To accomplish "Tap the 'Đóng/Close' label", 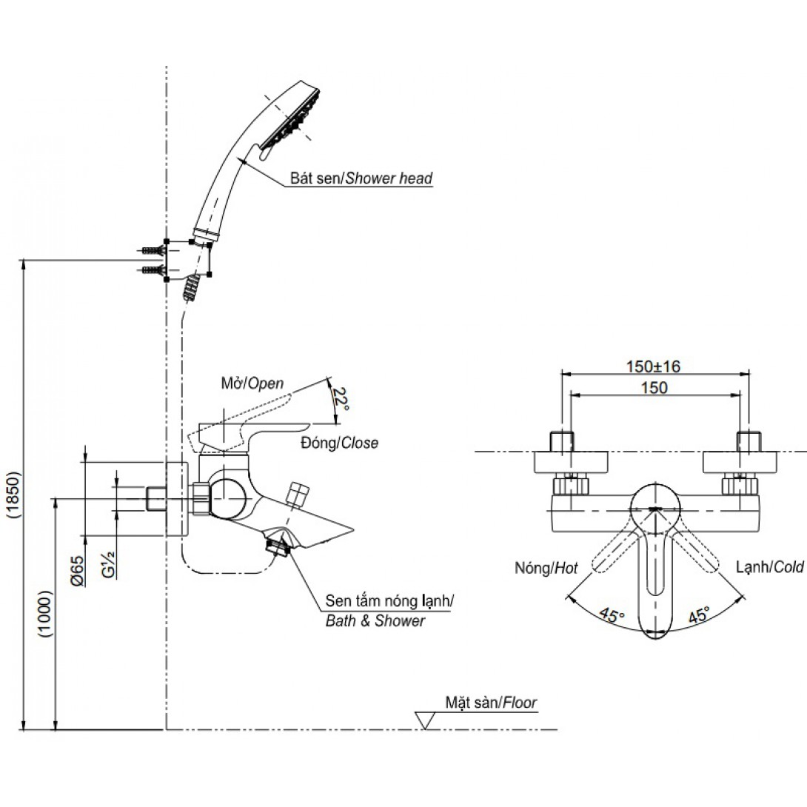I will pyautogui.click(x=339, y=443).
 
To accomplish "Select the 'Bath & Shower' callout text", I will pyautogui.click(x=375, y=620).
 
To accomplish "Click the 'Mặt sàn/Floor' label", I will pyautogui.click(x=491, y=702).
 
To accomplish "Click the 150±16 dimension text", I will pyautogui.click(x=654, y=366).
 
